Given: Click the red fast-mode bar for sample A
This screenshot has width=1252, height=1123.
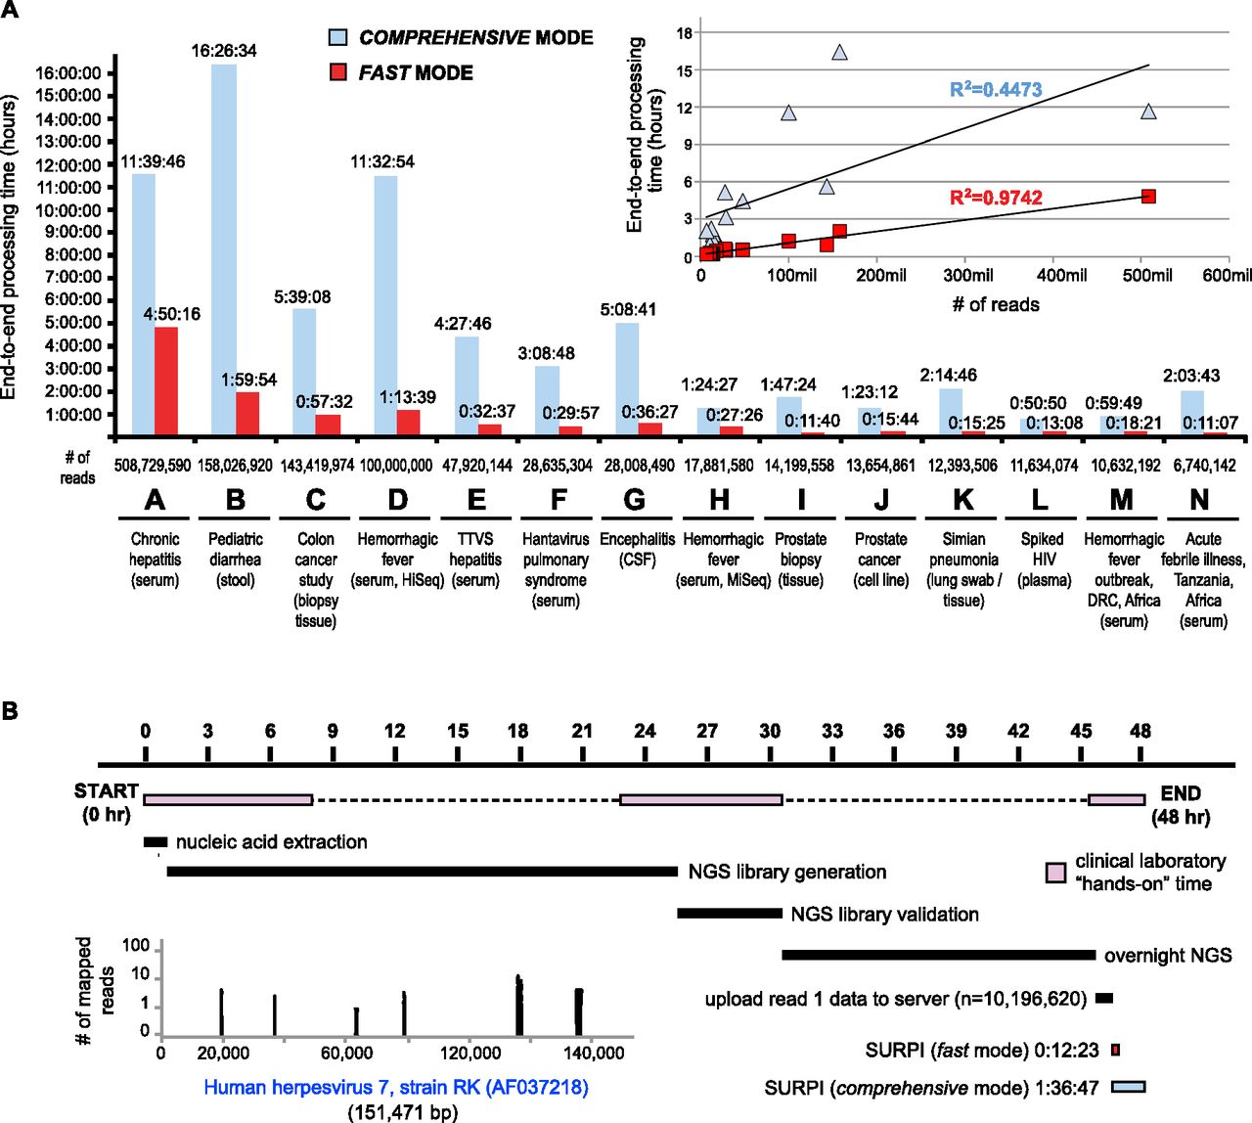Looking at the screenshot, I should point(166,381).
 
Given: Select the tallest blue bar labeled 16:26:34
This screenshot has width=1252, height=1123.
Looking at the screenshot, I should point(224,249).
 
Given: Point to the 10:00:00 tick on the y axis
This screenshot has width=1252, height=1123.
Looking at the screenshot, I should point(67,210).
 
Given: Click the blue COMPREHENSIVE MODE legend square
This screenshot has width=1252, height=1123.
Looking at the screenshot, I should point(338,38).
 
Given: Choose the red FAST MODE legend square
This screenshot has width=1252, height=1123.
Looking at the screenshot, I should point(338,72).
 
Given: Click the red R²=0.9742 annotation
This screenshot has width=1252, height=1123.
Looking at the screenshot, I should point(996,198).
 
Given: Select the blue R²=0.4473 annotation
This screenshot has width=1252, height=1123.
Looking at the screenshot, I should point(996,90).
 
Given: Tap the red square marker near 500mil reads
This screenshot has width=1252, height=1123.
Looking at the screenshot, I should point(1148,197).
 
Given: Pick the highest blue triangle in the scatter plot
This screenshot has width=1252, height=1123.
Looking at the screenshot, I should point(839,53).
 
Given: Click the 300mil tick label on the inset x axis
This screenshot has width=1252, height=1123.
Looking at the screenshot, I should point(968,276).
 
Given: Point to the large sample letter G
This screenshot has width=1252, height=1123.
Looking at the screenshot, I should point(635,500).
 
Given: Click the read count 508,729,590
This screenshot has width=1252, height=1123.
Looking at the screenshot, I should point(153,466).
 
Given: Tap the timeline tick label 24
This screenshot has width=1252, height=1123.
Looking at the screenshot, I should point(645,731).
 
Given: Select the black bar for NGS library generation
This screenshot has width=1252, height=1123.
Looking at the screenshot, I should point(422,871).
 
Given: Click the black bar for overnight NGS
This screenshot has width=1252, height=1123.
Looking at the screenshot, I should point(938,955).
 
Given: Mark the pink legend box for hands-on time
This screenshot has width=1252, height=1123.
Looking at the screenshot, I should point(1055,873).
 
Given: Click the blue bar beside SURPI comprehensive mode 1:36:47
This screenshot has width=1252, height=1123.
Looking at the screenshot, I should point(1129,1087).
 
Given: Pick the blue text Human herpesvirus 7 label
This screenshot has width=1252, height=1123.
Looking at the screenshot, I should point(396,1087).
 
